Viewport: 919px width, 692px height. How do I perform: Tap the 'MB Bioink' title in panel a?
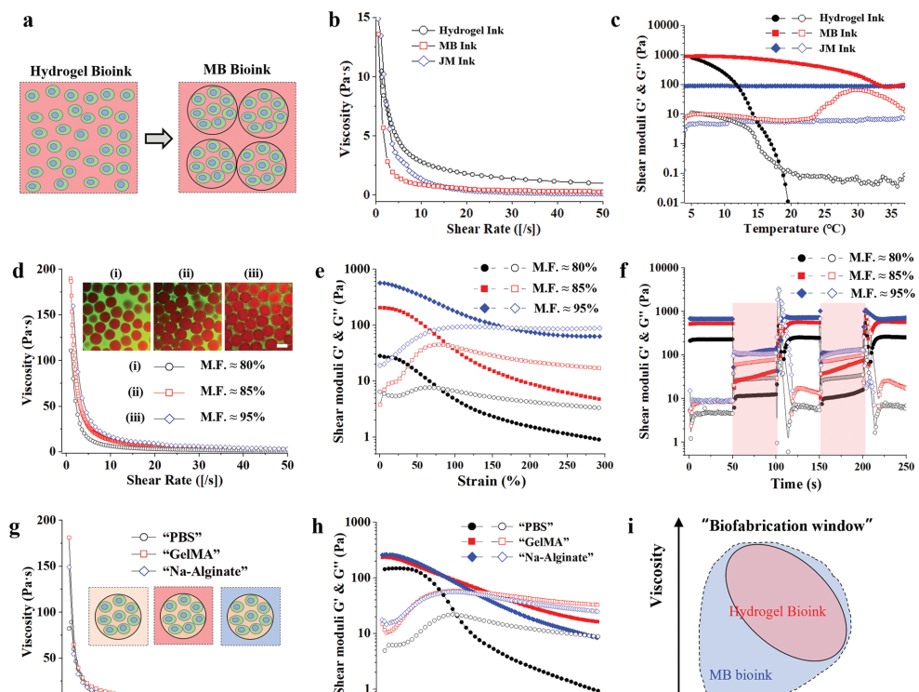tap(237, 70)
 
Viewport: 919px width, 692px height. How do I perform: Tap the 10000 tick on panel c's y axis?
tap(657, 25)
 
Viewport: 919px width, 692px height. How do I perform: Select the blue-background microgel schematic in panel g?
tap(251, 616)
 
